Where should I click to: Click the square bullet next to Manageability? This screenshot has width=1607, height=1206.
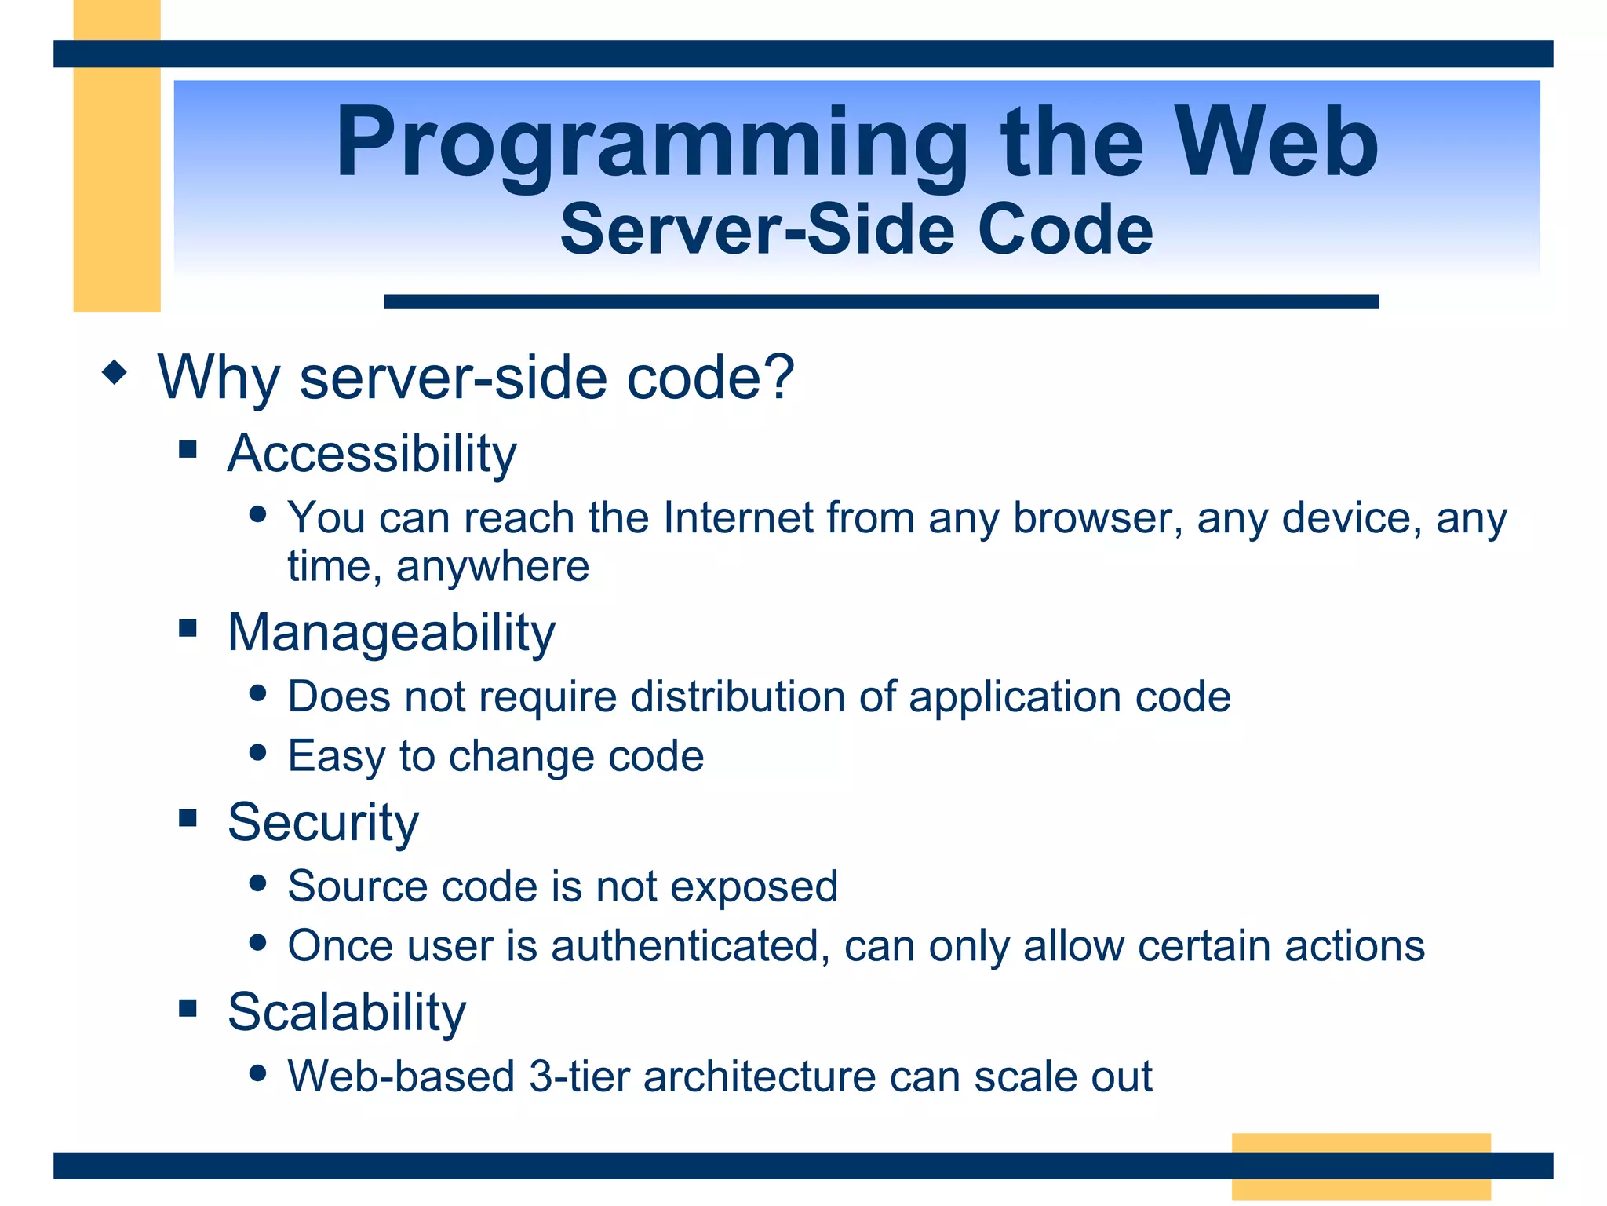[188, 628]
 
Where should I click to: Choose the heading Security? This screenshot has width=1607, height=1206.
[323, 823]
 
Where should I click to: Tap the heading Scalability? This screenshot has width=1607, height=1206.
[347, 1012]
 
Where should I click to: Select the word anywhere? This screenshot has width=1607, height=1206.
[493, 567]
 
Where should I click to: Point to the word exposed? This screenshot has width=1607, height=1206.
[753, 887]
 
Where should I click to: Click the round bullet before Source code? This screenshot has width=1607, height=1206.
[257, 883]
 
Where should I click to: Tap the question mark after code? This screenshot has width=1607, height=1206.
[778, 377]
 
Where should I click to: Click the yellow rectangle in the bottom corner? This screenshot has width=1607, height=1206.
[1361, 1165]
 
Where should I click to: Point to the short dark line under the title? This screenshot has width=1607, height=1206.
[880, 301]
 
